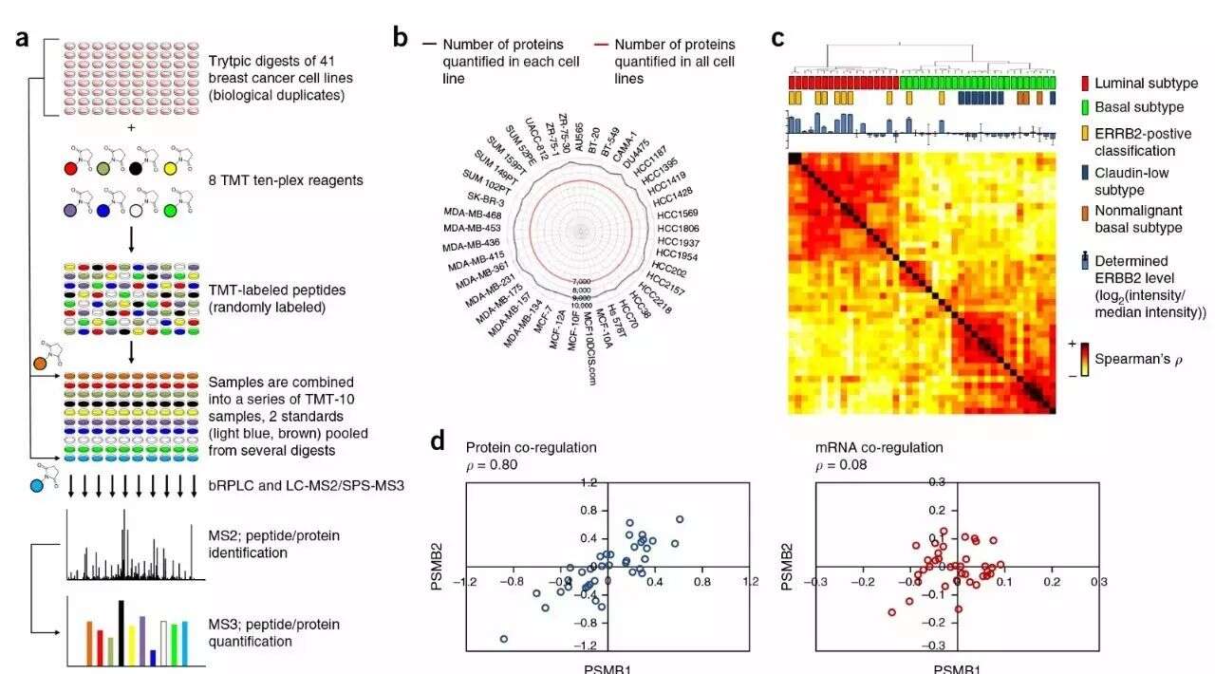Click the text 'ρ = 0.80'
[x=494, y=465]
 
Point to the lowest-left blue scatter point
[x=503, y=640]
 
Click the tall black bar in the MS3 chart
[x=121, y=632]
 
